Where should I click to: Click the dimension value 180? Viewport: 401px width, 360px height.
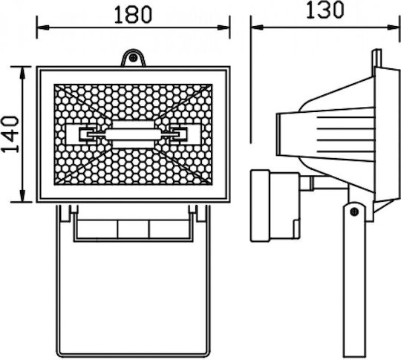tap(133, 15)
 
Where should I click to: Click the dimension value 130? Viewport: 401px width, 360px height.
tap(325, 10)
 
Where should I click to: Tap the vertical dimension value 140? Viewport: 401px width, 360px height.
tap(10, 134)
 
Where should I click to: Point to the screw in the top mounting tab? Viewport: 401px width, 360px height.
tap(133, 58)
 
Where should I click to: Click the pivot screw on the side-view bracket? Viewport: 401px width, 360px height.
tap(354, 212)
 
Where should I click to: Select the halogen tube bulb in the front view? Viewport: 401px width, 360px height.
tap(133, 134)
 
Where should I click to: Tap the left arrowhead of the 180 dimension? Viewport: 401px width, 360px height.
tap(43, 27)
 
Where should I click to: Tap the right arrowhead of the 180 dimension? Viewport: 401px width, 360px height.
tap(224, 27)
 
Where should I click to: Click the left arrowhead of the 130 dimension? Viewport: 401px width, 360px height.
tap(257, 27)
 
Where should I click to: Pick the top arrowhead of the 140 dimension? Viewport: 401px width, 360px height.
tap(23, 73)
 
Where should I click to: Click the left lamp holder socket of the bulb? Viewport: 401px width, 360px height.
tap(87, 134)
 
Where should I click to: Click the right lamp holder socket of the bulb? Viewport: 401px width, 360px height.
tap(179, 134)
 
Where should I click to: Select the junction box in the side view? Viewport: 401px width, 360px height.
tap(275, 206)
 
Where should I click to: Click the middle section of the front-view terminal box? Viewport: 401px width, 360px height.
tap(133, 229)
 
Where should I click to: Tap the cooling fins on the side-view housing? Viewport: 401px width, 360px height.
tap(345, 134)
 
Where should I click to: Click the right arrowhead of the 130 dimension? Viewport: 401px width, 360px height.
tap(394, 27)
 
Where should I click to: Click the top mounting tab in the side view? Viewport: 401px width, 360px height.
tap(377, 59)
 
